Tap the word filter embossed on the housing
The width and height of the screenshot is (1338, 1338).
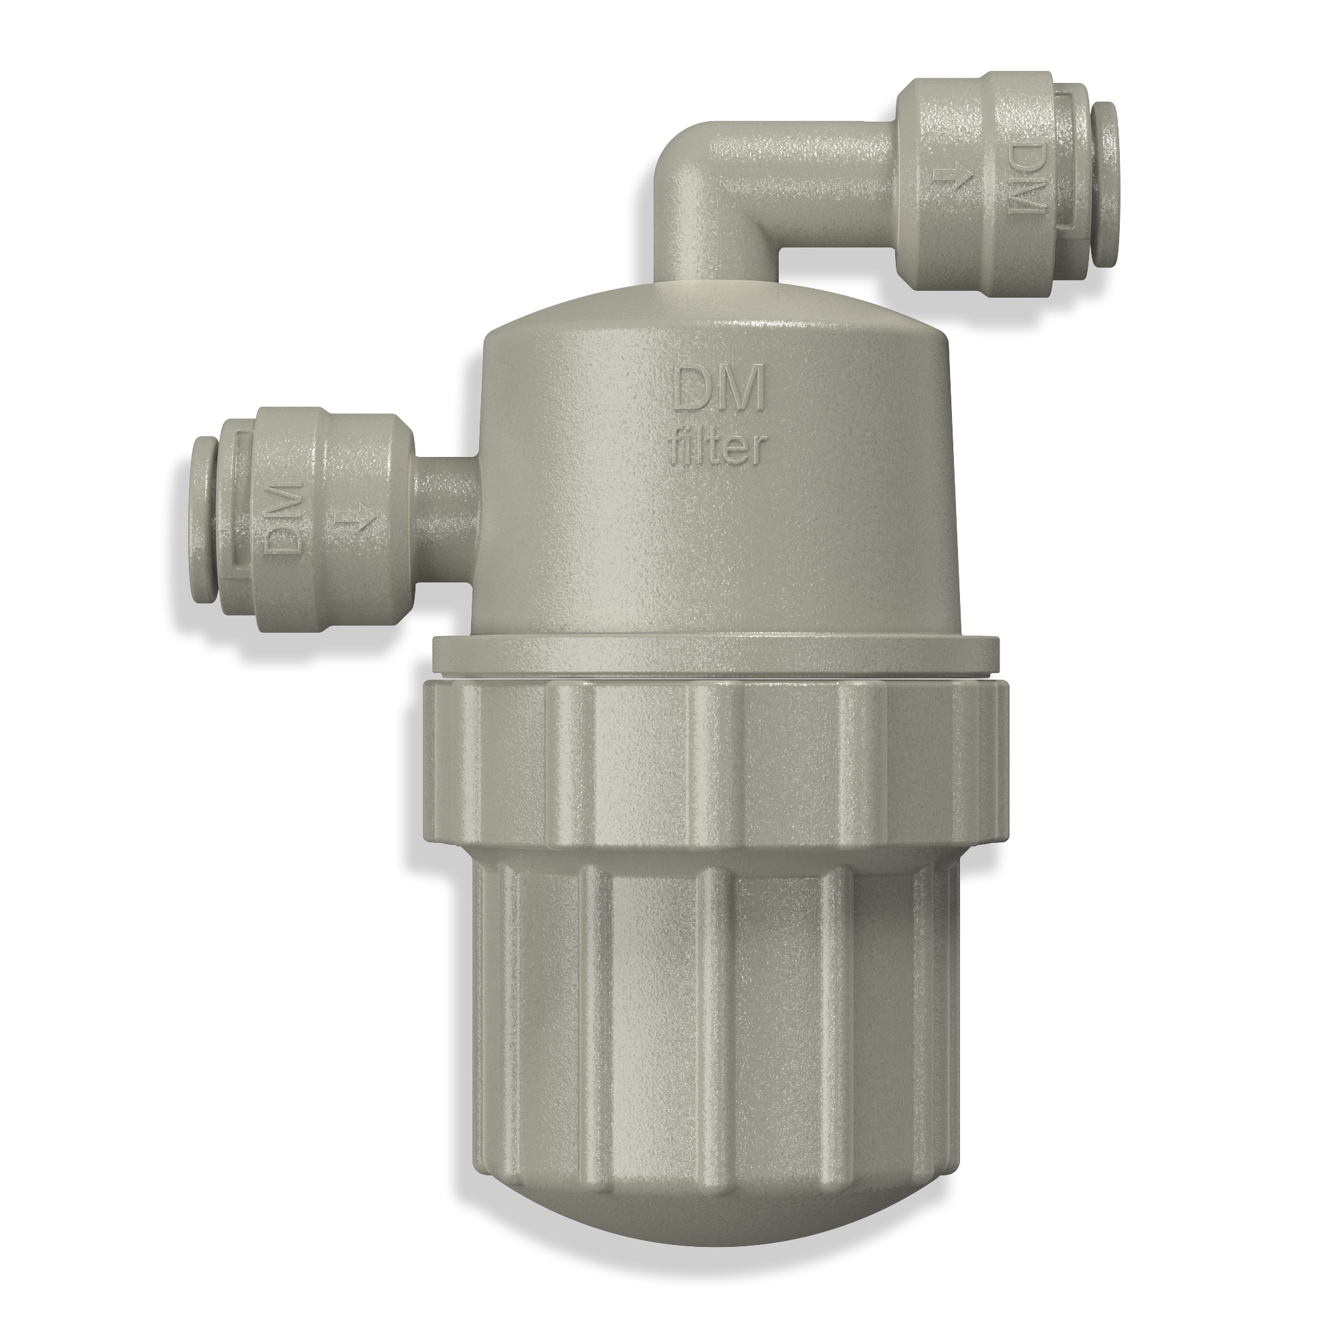coord(721,451)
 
